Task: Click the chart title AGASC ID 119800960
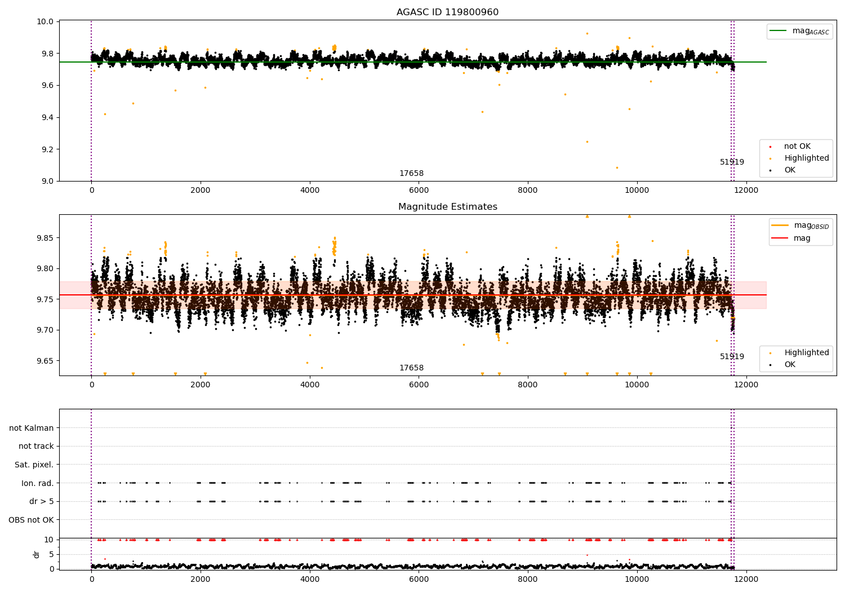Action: (x=447, y=12)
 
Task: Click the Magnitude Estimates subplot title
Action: (x=448, y=206)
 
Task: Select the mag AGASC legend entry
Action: (x=800, y=31)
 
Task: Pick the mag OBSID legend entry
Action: (x=800, y=226)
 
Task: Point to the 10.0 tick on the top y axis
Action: (x=45, y=21)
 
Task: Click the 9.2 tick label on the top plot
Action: (x=47, y=149)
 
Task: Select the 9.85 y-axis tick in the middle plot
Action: (x=45, y=238)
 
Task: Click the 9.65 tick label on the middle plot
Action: (x=45, y=361)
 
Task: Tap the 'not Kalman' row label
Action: (x=32, y=428)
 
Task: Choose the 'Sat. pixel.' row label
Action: (x=34, y=465)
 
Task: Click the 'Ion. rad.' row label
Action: (x=37, y=483)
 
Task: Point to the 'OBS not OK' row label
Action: (x=31, y=520)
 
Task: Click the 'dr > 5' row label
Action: (x=42, y=501)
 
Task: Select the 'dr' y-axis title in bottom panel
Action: (x=36, y=554)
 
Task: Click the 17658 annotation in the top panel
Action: (x=412, y=173)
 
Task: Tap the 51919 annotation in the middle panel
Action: (x=732, y=356)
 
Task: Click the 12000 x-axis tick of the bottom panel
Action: (x=746, y=579)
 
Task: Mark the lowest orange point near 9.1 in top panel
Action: (x=617, y=167)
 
